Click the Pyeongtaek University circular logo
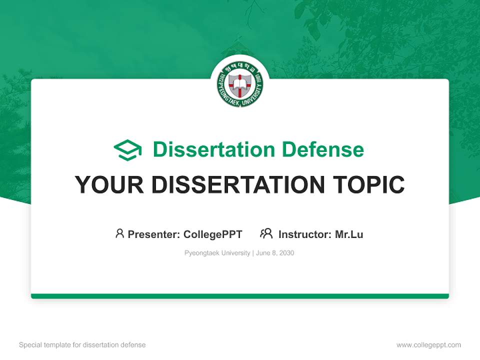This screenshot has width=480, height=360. [x=240, y=84]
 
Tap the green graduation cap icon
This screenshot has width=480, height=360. [x=127, y=150]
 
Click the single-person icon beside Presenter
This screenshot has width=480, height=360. [x=119, y=233]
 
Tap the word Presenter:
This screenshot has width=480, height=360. [x=153, y=234]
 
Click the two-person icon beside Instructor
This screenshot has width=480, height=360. [x=266, y=233]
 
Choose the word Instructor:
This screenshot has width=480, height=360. [x=305, y=234]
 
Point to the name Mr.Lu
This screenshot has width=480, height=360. [x=349, y=234]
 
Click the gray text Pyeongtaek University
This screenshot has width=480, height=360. [x=217, y=253]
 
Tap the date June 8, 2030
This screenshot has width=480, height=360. [x=275, y=253]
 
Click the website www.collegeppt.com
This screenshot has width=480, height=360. [x=428, y=345]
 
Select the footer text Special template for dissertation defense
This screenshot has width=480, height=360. [x=82, y=345]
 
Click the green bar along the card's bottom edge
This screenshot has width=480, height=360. [x=240, y=296]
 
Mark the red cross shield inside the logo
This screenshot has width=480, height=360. [x=240, y=84]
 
